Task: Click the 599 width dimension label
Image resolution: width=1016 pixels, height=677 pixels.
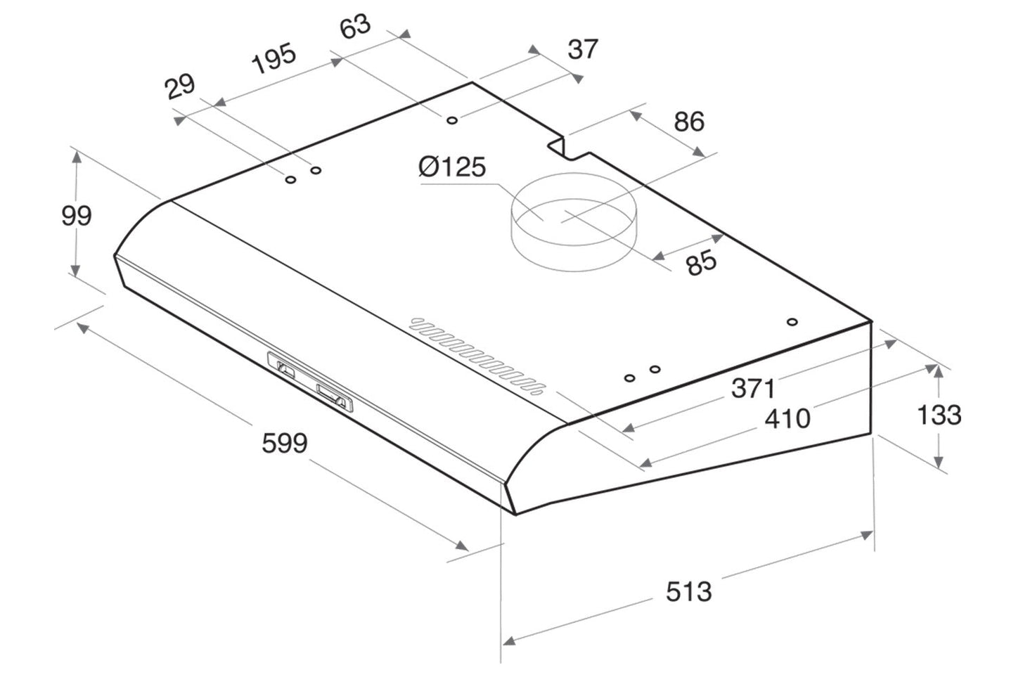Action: click(285, 444)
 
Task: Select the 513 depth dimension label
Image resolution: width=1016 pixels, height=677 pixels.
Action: click(688, 591)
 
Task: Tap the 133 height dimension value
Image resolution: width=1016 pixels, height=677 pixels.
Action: click(939, 415)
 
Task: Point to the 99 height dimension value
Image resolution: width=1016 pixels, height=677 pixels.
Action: click(76, 215)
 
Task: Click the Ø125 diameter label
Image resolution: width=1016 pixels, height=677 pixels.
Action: click(451, 167)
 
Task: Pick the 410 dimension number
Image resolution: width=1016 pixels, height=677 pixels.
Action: click(787, 419)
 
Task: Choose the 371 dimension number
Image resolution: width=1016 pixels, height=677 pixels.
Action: click(753, 387)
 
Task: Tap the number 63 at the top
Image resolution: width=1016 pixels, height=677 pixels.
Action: click(355, 27)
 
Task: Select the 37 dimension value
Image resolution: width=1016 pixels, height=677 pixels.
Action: click(582, 49)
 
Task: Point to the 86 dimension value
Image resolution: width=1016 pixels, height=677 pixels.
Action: click(688, 122)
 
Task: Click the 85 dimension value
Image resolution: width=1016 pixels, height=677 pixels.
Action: click(701, 263)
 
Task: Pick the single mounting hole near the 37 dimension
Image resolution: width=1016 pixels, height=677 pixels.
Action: click(452, 120)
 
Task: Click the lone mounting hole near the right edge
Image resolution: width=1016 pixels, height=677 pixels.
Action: click(792, 322)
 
